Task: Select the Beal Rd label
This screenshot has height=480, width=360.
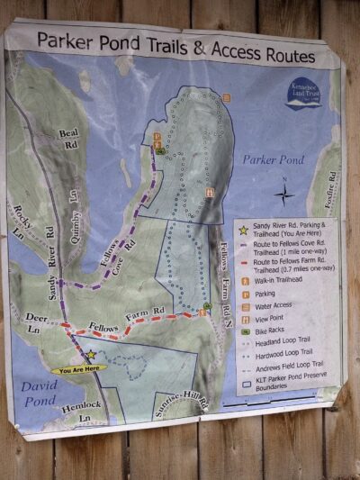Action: [x=69, y=139]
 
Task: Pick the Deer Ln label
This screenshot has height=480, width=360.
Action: [x=35, y=322]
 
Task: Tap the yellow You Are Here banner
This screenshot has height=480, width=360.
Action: [x=78, y=368]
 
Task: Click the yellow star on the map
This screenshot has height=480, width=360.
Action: [x=90, y=355]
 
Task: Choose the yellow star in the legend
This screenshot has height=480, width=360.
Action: [x=243, y=231]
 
